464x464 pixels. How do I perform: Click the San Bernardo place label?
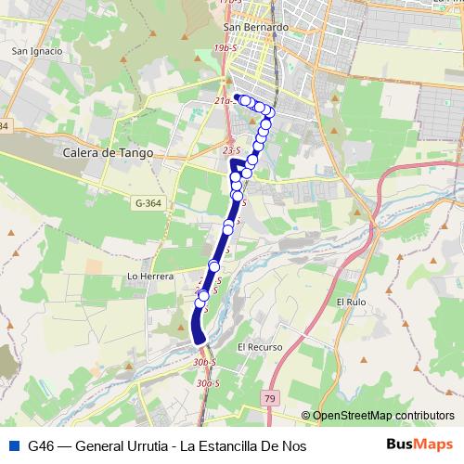point(264,27)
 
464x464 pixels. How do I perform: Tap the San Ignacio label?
point(36,51)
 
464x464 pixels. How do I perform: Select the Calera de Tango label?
point(109,153)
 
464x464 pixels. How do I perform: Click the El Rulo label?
point(353,302)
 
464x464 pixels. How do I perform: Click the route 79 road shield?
point(270,398)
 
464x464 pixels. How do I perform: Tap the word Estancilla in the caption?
point(242,445)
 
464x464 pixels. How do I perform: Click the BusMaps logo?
point(419,445)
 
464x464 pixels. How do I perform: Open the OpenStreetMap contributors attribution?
point(383,416)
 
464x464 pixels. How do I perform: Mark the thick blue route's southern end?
point(199,340)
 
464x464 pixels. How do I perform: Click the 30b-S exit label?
point(205,362)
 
